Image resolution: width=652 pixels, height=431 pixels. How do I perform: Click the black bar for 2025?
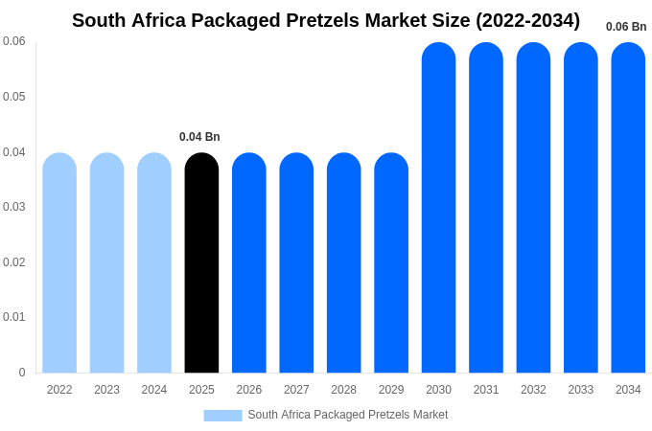coord(201,263)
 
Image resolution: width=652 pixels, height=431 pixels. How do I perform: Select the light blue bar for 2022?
coord(59,263)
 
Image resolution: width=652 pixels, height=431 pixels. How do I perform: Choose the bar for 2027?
coord(296,263)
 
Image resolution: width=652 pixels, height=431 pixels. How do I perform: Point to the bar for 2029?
coord(391,263)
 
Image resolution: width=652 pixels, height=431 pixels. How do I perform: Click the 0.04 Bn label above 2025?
coord(199,137)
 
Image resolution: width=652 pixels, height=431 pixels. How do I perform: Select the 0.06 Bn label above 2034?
coord(626,27)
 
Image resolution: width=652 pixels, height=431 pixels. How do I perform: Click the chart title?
coord(326,20)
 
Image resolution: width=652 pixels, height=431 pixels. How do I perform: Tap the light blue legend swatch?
coord(222,416)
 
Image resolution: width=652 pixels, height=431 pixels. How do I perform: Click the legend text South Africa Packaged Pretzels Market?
coord(348,415)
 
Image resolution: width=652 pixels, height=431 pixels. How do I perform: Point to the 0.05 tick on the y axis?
coord(14,97)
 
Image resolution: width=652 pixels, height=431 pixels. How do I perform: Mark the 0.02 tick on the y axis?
coord(14,262)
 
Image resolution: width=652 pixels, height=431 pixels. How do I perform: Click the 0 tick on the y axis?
coord(22,373)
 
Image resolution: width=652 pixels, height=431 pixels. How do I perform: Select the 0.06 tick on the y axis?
coord(14,41)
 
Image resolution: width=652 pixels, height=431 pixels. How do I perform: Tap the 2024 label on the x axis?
coord(154,390)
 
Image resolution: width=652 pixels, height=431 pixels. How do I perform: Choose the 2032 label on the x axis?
coord(533,390)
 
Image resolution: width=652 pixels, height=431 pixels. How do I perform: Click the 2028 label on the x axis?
coord(343,390)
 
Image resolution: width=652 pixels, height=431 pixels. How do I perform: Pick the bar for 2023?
coord(106,263)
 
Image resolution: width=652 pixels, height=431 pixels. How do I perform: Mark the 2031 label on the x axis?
coord(486,390)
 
